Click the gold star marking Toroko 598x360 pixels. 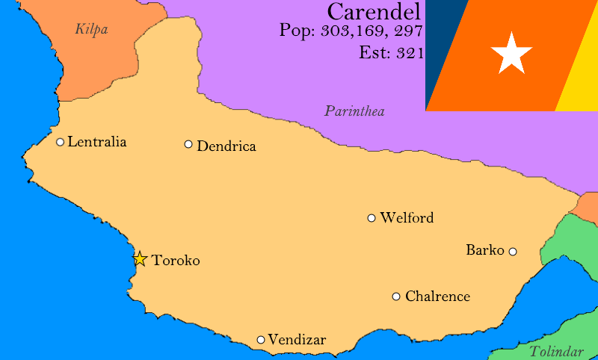pyautogui.click(x=140, y=259)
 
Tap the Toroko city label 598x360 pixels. pyautogui.click(x=176, y=261)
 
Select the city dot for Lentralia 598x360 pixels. pyautogui.click(x=61, y=142)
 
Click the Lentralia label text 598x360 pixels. pyautogui.click(x=97, y=142)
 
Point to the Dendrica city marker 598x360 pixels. pyautogui.click(x=188, y=144)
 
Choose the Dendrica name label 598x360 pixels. pyautogui.click(x=226, y=146)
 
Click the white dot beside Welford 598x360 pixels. pyautogui.click(x=372, y=218)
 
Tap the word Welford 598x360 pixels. pyautogui.click(x=407, y=218)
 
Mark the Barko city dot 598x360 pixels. pyautogui.click(x=513, y=252)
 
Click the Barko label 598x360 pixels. pyautogui.click(x=485, y=250)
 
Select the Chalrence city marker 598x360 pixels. pyautogui.click(x=396, y=297)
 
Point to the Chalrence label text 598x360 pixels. pyautogui.click(x=437, y=297)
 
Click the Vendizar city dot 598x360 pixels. pyautogui.click(x=261, y=340)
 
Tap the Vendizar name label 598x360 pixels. pyautogui.click(x=297, y=340)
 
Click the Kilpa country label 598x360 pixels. pyautogui.click(x=92, y=30)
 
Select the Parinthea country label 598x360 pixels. pyautogui.click(x=354, y=112)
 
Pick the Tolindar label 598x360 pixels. pyautogui.click(x=556, y=352)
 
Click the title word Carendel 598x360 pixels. pyautogui.click(x=374, y=12)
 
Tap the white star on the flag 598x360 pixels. pyautogui.click(x=511, y=53)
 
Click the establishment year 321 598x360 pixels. pyautogui.click(x=410, y=53)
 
